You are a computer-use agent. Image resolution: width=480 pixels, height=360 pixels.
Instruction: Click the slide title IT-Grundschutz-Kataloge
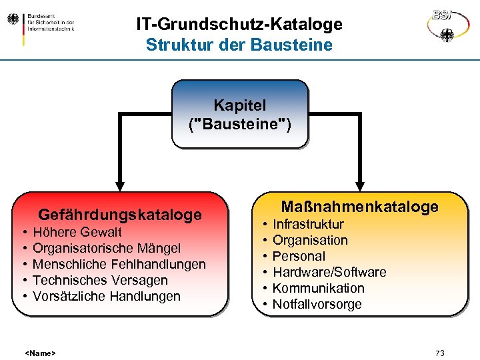click(x=239, y=25)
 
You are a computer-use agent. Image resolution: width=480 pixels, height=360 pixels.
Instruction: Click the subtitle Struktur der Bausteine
click(x=239, y=45)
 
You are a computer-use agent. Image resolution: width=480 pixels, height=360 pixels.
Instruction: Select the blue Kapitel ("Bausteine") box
click(x=240, y=114)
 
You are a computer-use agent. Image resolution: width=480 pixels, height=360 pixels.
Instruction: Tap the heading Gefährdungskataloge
click(x=120, y=215)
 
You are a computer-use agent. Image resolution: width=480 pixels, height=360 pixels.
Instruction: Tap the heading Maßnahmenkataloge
click(x=360, y=207)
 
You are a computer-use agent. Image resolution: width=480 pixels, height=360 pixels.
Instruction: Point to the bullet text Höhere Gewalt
click(x=77, y=232)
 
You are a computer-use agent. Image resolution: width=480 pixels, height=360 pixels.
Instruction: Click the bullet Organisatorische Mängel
click(x=107, y=248)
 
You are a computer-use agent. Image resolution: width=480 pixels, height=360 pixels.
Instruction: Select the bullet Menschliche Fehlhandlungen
click(x=119, y=264)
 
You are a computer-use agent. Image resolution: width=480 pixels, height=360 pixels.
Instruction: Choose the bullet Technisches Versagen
click(x=100, y=280)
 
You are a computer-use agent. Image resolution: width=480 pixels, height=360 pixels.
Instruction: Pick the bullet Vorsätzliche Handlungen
click(x=107, y=296)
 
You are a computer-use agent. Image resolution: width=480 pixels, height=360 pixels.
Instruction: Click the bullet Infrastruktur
click(x=309, y=224)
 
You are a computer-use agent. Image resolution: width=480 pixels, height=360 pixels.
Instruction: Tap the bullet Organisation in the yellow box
click(x=311, y=240)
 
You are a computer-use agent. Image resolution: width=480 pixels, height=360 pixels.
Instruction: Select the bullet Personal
click(x=299, y=256)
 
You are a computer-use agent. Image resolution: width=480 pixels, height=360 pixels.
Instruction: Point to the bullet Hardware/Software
click(x=330, y=272)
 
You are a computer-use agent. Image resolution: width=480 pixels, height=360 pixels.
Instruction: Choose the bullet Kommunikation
click(x=319, y=288)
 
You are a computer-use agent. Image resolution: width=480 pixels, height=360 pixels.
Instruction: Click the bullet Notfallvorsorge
click(x=317, y=304)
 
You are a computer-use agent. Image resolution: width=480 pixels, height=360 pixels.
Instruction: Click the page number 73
click(x=439, y=353)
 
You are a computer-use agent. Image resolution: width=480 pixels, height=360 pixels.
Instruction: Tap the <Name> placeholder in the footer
click(x=40, y=353)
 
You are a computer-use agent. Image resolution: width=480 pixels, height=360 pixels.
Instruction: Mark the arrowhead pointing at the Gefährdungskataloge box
click(x=120, y=185)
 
